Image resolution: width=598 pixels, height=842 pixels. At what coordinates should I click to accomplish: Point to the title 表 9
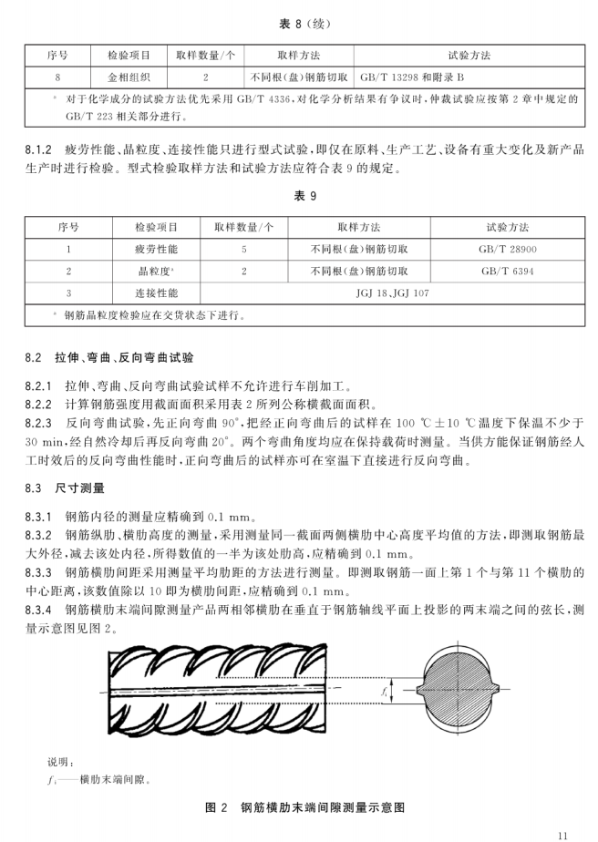[x=298, y=196]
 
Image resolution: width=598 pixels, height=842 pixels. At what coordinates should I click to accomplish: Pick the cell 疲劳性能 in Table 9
[x=157, y=248]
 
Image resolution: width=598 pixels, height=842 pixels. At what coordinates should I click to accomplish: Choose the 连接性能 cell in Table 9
[x=157, y=293]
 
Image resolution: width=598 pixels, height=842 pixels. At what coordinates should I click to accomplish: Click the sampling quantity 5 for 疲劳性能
[x=244, y=248]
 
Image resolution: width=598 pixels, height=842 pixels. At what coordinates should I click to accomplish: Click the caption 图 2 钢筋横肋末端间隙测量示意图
[x=298, y=807]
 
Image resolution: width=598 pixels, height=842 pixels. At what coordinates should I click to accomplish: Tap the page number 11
[x=561, y=831]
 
